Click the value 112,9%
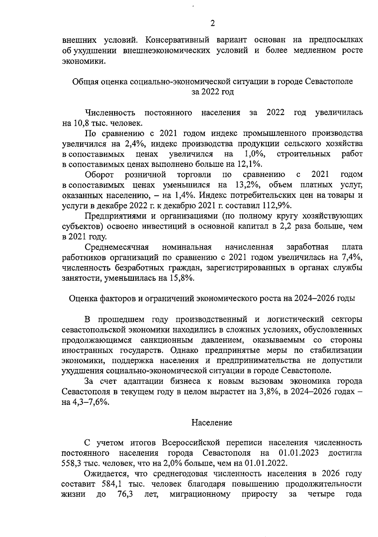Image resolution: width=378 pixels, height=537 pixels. click(x=276, y=205)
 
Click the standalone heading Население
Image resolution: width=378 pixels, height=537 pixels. click(x=212, y=423)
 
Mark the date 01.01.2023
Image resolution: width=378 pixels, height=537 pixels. click(x=299, y=453)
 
